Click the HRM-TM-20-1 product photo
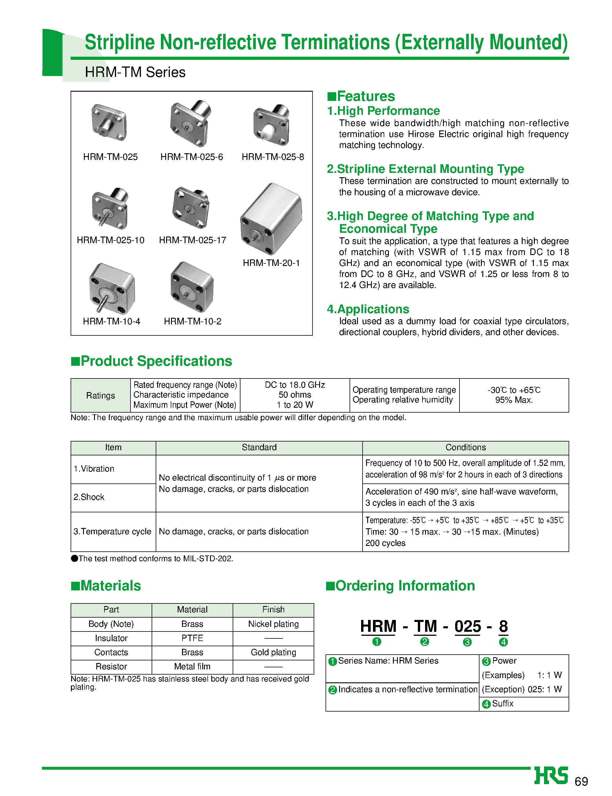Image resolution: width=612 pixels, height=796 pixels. (x=271, y=218)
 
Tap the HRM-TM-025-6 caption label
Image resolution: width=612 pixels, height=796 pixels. (x=192, y=157)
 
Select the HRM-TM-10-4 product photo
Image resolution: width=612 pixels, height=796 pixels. (x=111, y=288)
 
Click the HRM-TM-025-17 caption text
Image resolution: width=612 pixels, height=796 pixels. (x=192, y=240)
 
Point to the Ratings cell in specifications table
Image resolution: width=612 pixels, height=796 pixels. (x=100, y=396)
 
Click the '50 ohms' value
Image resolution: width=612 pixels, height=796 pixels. (x=295, y=395)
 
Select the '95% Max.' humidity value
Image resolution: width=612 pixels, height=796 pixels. (x=514, y=400)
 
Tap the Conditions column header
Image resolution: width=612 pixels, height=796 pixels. (x=466, y=447)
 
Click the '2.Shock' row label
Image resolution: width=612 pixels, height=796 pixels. (x=89, y=497)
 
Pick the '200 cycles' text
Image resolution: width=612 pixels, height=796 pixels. (x=385, y=543)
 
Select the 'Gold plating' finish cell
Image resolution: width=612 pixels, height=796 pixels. (x=273, y=652)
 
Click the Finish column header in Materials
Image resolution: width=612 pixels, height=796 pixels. (x=273, y=610)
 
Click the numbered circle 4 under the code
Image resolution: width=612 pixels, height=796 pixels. (x=503, y=642)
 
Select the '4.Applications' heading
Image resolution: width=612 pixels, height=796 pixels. (x=368, y=309)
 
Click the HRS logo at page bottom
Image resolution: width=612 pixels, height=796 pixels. (x=551, y=776)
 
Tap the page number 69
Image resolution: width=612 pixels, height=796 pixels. (x=581, y=782)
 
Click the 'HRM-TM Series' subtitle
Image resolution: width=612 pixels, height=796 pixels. (x=135, y=72)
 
